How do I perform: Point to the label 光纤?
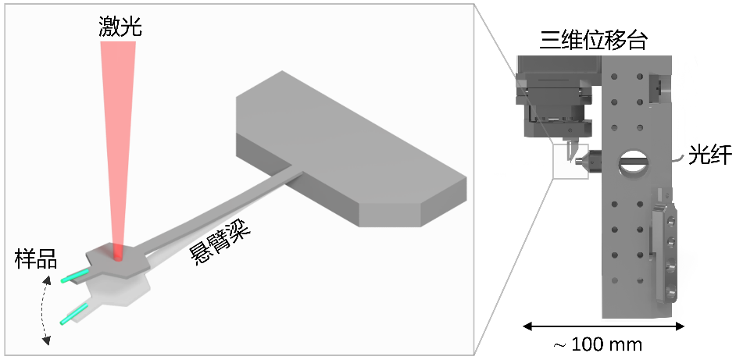pyautogui.click(x=709, y=155)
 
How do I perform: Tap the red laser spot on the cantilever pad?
pyautogui.click(x=117, y=253)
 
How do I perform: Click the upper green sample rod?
pyautogui.click(x=76, y=276)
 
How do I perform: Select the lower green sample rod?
pyautogui.click(x=72, y=316)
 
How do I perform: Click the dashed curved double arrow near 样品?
pyautogui.click(x=47, y=312)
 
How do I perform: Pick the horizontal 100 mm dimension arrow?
pyautogui.click(x=603, y=325)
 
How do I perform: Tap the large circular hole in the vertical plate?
pyautogui.click(x=632, y=162)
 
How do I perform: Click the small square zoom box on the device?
pyautogui.click(x=570, y=161)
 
